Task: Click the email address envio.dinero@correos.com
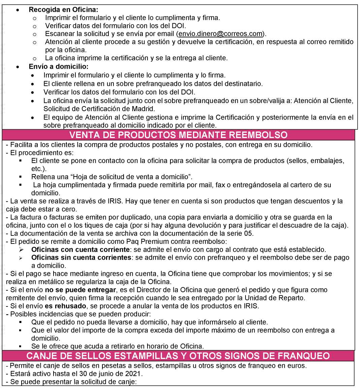[x=220, y=34]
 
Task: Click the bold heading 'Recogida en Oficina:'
[x=63, y=10]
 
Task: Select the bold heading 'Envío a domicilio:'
[x=59, y=66]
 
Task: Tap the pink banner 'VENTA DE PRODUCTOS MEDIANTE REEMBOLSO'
[x=178, y=135]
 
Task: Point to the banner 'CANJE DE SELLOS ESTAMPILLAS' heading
[x=178, y=356]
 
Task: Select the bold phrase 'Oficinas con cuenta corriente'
[x=80, y=250]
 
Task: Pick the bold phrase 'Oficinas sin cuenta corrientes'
[x=81, y=258]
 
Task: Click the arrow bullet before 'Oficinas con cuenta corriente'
[x=21, y=250]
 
